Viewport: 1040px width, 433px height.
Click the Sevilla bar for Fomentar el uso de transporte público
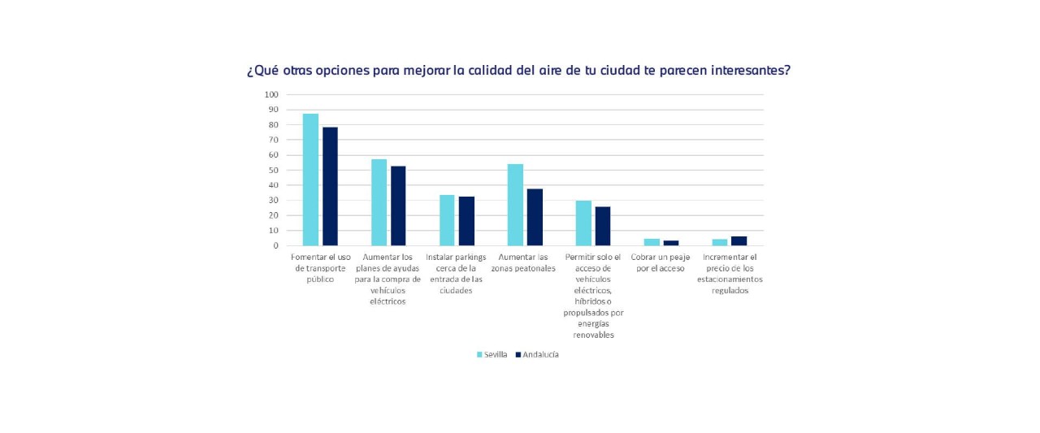[310, 180]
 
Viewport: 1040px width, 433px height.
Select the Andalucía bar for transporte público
[330, 186]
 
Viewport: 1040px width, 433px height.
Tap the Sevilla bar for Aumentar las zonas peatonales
[515, 205]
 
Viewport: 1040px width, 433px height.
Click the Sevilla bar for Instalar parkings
[447, 220]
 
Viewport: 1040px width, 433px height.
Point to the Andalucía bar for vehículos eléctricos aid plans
[398, 206]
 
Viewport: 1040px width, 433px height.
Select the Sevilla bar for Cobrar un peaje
[652, 242]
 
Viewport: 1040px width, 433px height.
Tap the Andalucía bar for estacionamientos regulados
[739, 240]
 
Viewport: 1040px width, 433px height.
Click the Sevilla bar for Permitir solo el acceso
[583, 223]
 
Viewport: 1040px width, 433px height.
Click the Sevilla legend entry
[492, 354]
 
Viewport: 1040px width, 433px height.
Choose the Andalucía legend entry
[536, 354]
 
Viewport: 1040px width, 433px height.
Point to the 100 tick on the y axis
[271, 94]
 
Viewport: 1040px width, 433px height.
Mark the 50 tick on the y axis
[274, 170]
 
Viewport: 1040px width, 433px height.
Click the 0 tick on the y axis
[276, 245]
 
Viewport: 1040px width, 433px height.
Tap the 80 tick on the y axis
[274, 124]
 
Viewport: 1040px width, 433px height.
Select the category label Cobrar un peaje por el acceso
[661, 262]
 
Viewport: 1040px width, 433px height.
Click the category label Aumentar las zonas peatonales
[524, 262]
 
